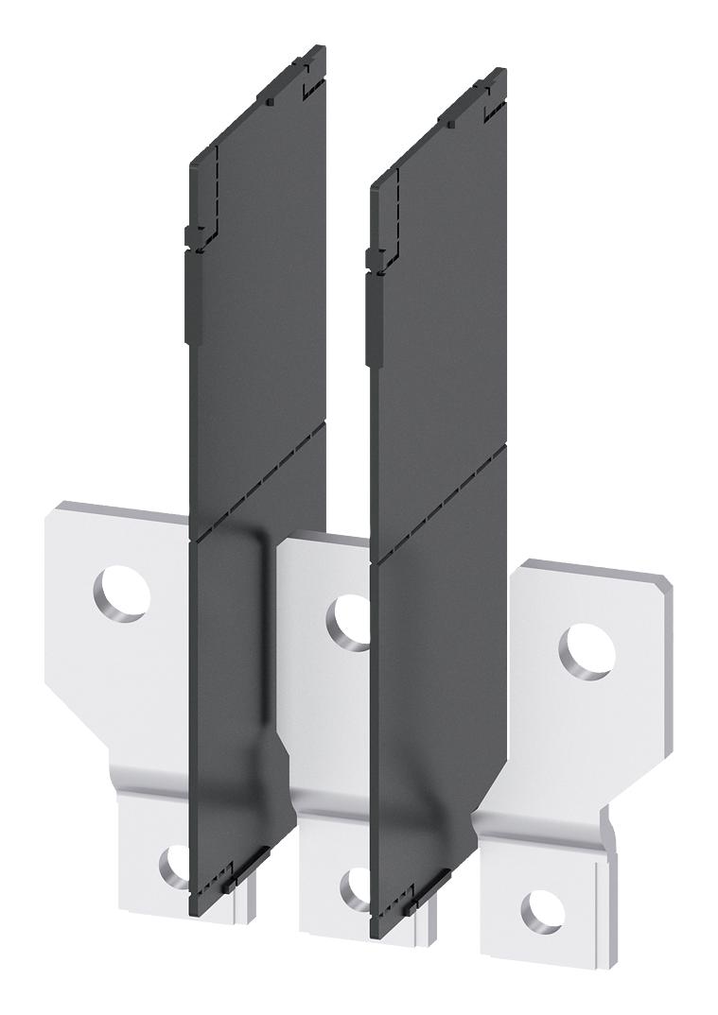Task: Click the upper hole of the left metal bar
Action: coord(123,593)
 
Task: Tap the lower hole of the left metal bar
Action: coord(175,865)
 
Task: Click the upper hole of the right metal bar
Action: coord(587,652)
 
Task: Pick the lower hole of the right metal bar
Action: coord(542,912)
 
